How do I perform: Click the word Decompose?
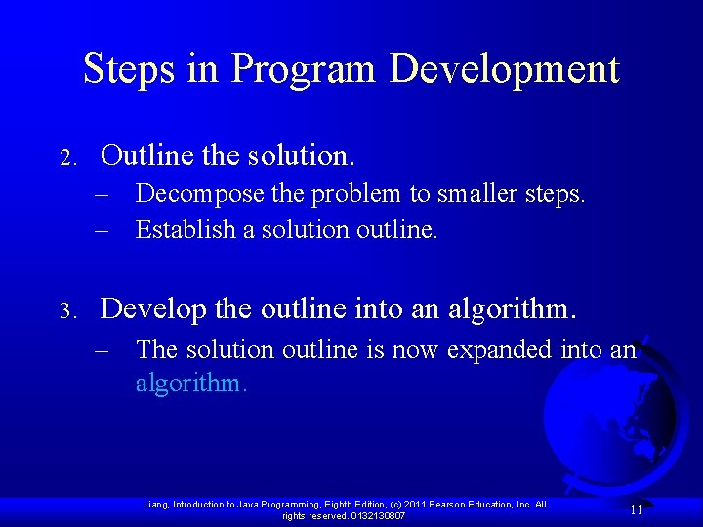coord(186,194)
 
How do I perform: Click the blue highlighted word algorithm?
coord(190,384)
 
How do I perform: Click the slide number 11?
coord(636,509)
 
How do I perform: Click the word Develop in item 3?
coord(153,310)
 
